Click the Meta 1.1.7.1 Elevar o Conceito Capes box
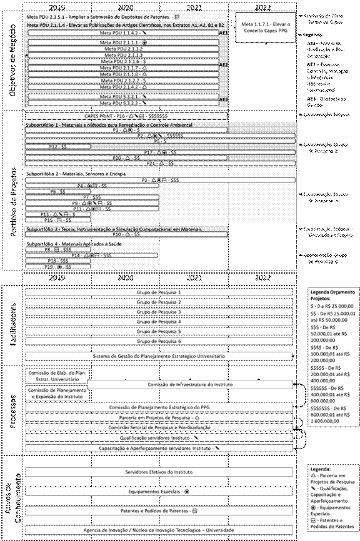coord(262,27)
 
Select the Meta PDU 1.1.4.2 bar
coord(123,31)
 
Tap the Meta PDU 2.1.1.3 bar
coord(123,54)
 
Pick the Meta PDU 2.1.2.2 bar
coord(123,80)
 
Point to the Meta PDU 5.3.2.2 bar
coord(123,103)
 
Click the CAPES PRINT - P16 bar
coord(125,116)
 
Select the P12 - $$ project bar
coord(57,146)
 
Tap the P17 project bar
coord(159,152)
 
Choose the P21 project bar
coord(159,163)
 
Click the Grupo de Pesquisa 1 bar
coord(159,292)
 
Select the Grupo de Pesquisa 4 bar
coord(159,321)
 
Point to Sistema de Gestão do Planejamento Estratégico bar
coord(159,355)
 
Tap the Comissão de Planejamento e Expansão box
coord(57,393)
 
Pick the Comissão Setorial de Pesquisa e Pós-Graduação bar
coord(159,427)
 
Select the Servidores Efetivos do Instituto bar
coord(159,472)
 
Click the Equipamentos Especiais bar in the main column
coord(159,492)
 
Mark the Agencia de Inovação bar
coord(159,530)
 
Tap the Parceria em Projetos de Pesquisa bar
coord(159,417)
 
